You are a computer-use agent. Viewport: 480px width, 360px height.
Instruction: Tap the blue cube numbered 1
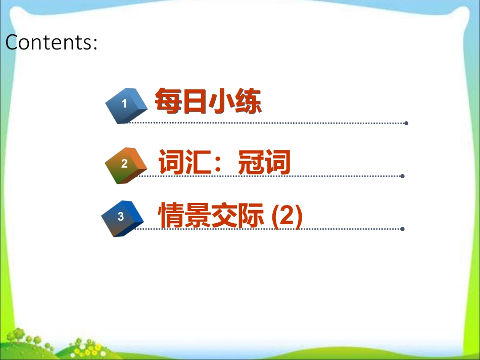pos(126,106)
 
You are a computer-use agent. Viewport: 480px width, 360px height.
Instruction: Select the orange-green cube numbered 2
pos(126,166)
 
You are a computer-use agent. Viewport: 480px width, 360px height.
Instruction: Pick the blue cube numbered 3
pos(122,219)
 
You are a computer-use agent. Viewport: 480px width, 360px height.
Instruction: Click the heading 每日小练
pos(208,100)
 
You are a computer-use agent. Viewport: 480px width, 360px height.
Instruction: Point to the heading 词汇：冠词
pos(224,162)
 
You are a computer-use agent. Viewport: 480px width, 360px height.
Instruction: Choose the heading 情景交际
pos(211,215)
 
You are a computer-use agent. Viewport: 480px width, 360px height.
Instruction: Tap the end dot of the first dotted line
pos(406,123)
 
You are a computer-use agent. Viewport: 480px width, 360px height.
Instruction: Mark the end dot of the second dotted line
pos(403,176)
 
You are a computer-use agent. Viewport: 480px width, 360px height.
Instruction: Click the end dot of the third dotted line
pos(403,229)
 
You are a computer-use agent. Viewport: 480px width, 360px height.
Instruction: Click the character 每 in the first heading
pos(168,100)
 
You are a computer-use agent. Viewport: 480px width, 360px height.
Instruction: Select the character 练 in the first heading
pos(248,101)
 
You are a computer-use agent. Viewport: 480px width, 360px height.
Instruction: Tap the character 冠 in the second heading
pos(251,162)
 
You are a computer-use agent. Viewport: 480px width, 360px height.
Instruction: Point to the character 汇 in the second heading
pos(198,162)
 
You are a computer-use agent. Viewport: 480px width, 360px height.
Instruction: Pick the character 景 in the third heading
pos(198,215)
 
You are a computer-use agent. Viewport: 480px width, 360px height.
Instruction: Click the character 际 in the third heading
pos(251,215)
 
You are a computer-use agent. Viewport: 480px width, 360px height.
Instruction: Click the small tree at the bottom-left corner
pos(18,335)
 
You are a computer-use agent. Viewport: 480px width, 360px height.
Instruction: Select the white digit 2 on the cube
pos(124,164)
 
